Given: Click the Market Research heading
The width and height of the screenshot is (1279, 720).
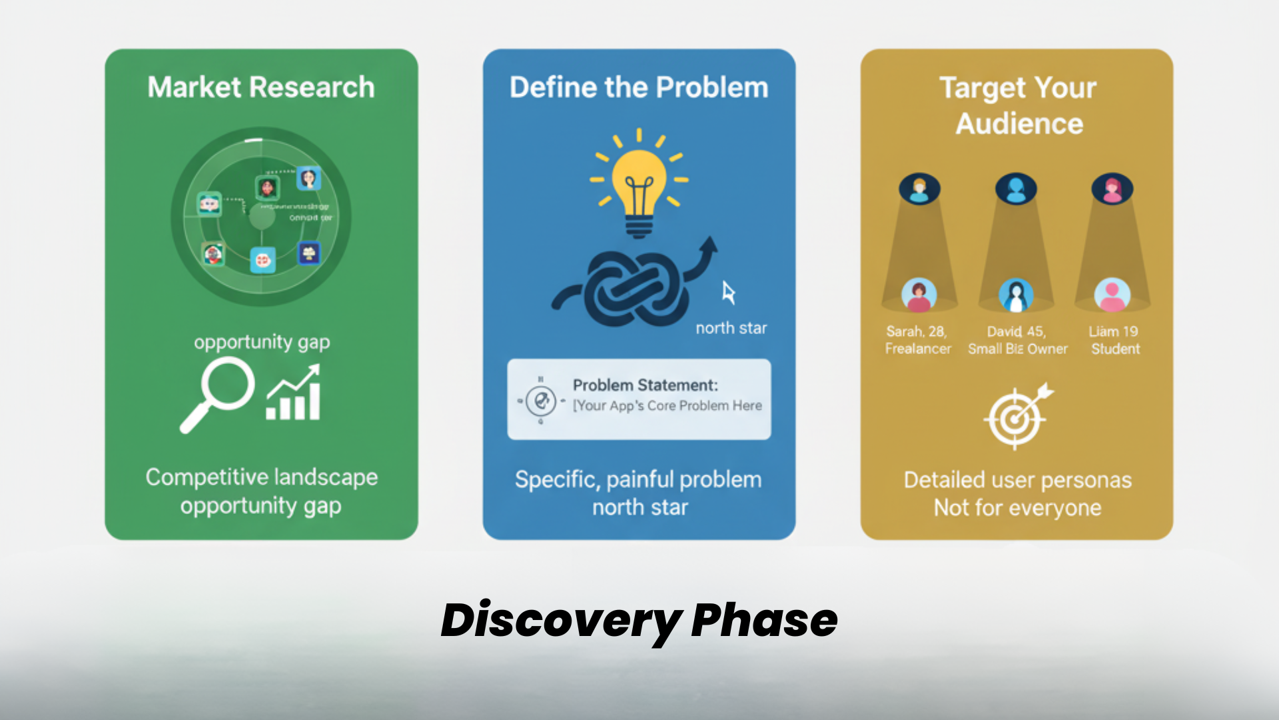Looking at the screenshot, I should tap(261, 87).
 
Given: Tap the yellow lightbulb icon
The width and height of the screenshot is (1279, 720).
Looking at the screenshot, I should tap(639, 187).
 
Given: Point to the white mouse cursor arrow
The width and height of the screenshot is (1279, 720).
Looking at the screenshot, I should tap(728, 293).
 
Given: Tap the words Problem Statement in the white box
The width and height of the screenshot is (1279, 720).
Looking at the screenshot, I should tap(645, 385).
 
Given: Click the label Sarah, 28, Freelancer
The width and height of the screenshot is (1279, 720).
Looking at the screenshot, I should tap(917, 340).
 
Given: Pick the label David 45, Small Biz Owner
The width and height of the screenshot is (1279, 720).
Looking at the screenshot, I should tap(1017, 340).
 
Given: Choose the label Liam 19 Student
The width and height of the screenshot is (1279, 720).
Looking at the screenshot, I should tap(1114, 340).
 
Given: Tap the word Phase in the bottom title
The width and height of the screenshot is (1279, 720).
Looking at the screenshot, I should tap(764, 621).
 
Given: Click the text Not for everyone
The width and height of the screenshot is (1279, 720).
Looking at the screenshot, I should tap(1017, 508).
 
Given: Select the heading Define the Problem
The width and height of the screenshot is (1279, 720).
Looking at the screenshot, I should tap(639, 87).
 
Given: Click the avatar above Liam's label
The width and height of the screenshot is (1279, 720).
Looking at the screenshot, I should tap(1112, 294).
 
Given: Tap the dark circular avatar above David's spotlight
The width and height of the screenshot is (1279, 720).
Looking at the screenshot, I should tap(1016, 189).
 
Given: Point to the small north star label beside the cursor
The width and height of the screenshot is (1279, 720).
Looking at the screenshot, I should tap(731, 328).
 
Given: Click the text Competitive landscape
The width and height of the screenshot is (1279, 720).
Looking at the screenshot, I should tap(261, 477).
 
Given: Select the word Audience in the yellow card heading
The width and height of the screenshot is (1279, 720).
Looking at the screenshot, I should tap(1019, 124).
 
